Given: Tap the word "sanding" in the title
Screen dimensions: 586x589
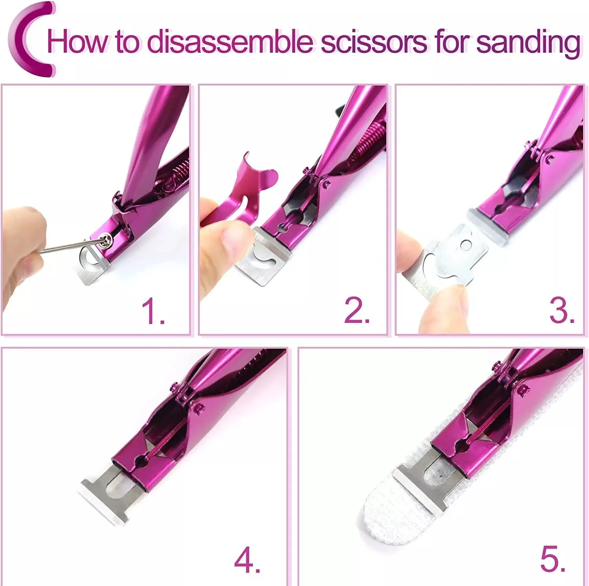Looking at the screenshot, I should (528, 42).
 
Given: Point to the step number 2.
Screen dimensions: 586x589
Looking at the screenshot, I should (356, 311).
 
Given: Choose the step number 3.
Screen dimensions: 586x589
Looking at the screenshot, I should (561, 311).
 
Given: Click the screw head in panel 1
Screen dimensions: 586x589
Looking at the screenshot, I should (105, 239).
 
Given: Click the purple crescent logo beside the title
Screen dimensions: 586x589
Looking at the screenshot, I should (29, 39).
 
